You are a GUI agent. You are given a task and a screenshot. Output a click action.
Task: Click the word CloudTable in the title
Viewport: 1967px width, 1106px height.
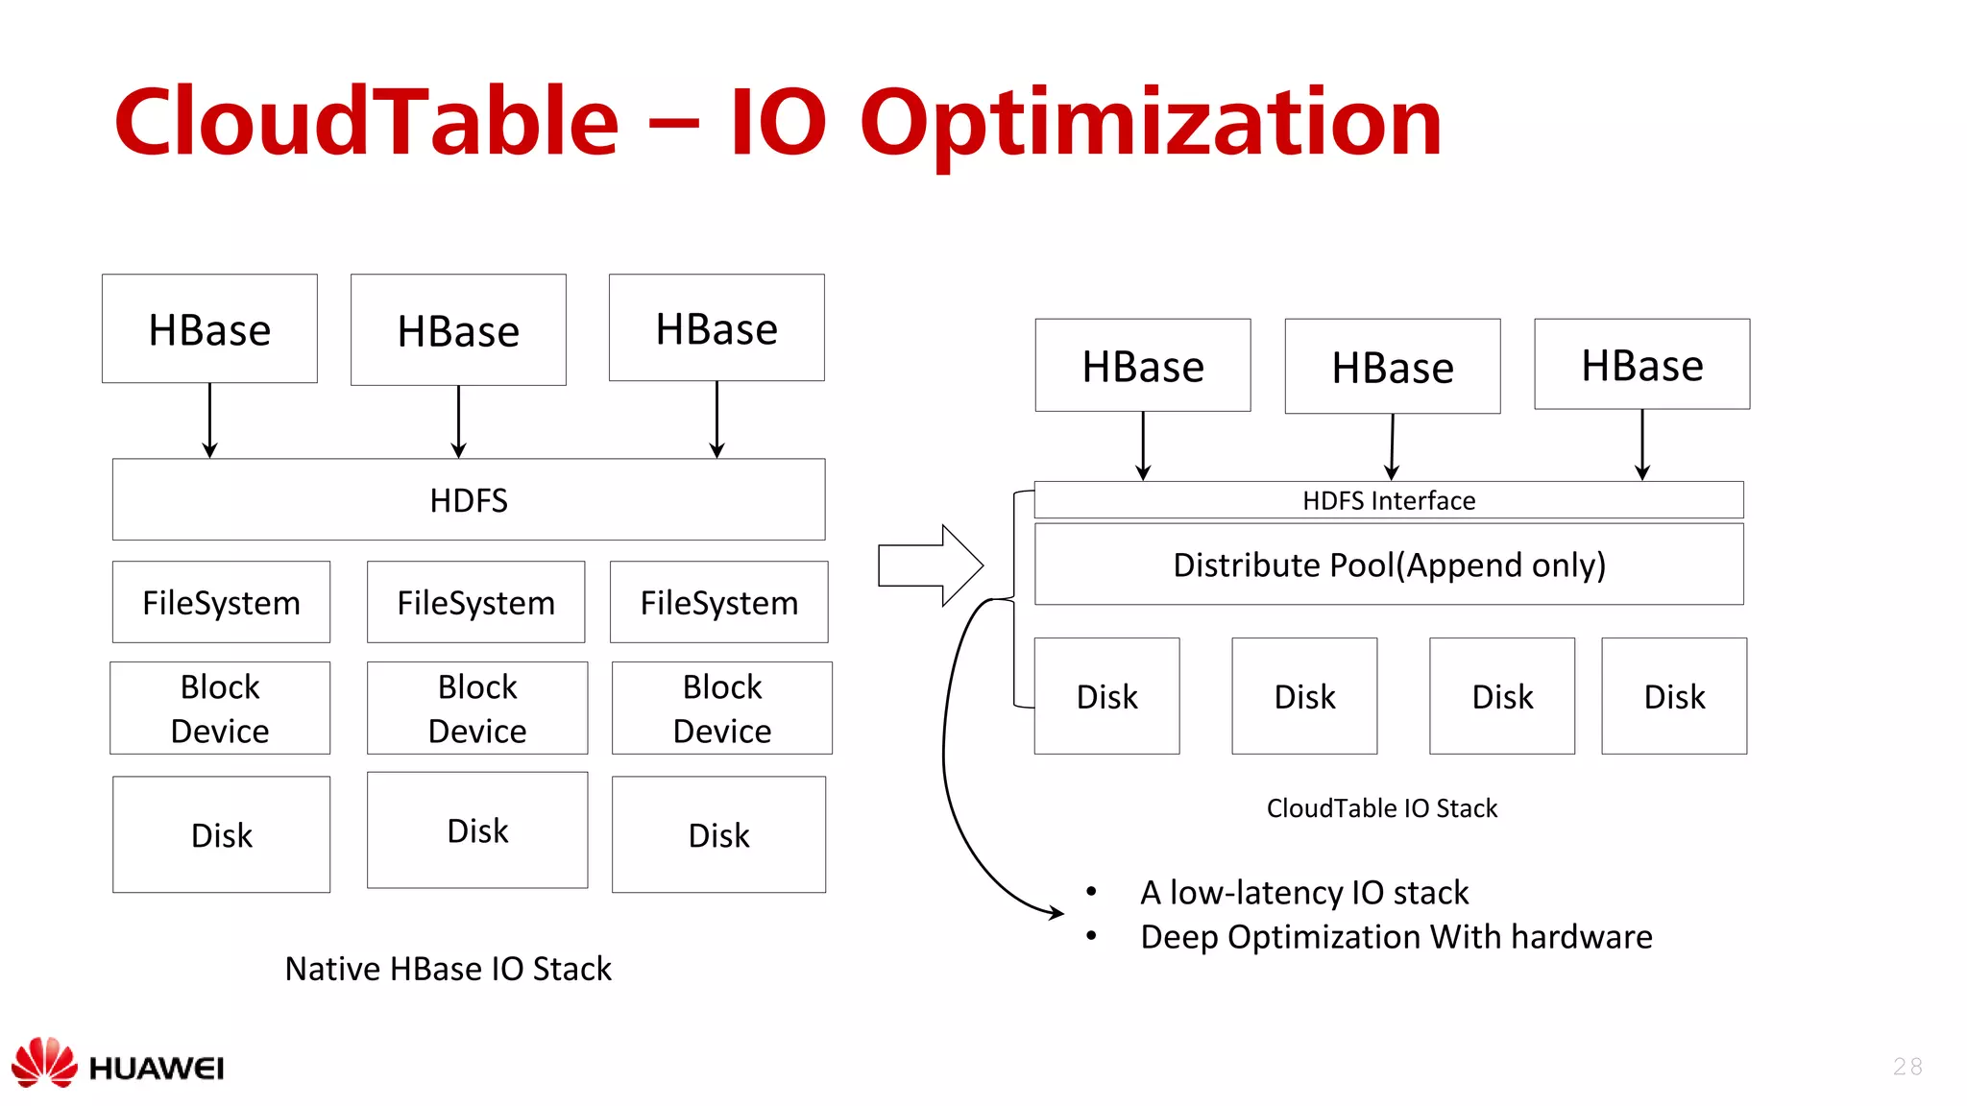coord(366,122)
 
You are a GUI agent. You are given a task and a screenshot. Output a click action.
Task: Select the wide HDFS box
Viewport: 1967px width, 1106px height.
coord(469,500)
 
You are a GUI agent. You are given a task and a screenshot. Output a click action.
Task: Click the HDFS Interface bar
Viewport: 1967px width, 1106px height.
coord(1388,500)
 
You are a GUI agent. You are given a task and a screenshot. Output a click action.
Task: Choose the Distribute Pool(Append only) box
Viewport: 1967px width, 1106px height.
coord(1388,565)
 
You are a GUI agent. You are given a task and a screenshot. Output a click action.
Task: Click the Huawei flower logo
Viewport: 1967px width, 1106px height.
coord(44,1062)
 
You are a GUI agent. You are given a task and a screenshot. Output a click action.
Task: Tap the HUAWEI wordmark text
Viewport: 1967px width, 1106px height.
coord(156,1069)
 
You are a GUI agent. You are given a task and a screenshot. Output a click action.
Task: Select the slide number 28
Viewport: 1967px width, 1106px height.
coord(1907,1067)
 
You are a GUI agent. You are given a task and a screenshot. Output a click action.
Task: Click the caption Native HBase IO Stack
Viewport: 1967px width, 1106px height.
coord(448,969)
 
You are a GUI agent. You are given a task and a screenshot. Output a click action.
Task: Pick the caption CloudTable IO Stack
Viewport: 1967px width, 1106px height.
coord(1381,808)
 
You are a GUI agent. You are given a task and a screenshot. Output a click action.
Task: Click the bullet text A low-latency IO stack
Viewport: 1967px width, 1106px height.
coord(1303,893)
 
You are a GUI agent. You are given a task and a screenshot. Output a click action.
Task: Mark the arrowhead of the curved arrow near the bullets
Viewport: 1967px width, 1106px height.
coord(1056,912)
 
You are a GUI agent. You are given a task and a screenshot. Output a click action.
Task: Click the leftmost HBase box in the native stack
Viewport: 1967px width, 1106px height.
coord(209,329)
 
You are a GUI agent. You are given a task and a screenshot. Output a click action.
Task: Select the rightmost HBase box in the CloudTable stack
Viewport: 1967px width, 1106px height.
coord(1641,365)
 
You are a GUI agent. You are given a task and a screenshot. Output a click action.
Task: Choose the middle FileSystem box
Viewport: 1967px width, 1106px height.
coord(475,603)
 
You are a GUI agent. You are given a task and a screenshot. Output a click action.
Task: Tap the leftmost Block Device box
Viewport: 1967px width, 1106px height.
coord(220,709)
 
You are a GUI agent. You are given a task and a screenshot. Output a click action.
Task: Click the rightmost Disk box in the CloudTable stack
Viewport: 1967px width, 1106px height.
coord(1673,696)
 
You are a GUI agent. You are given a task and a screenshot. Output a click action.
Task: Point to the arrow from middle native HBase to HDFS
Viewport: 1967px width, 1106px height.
coord(458,422)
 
